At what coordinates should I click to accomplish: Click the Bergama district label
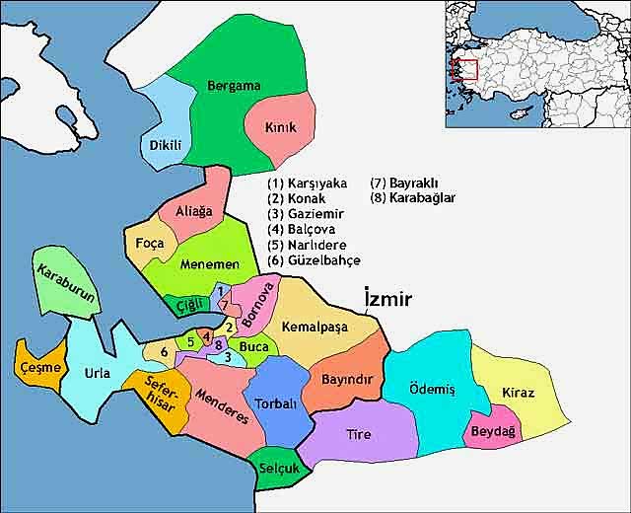[234, 86]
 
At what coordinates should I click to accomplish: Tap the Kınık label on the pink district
[281, 128]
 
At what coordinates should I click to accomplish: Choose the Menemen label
[210, 264]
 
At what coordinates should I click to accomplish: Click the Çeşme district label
[41, 368]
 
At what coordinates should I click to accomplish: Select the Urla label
[98, 374]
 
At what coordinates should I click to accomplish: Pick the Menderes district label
[222, 403]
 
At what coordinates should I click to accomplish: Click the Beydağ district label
[492, 432]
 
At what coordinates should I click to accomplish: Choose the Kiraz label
[518, 394]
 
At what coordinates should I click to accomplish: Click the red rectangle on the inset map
[464, 70]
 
